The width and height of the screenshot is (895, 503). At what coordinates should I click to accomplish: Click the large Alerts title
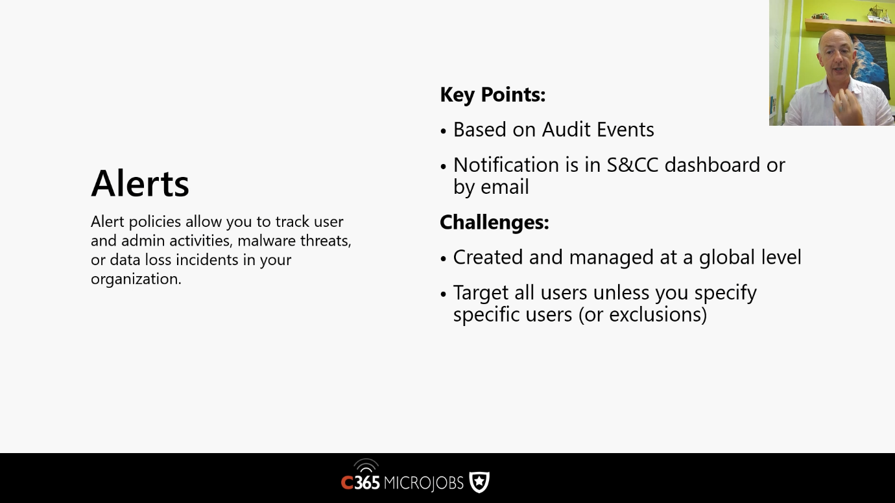click(x=140, y=183)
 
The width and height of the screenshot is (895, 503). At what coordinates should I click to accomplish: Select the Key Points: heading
click(x=493, y=95)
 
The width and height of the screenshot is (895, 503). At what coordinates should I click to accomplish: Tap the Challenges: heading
click(x=494, y=222)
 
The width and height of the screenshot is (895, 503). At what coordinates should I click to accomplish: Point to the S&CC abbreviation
click(x=632, y=165)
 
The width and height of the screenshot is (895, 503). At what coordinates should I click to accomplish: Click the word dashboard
click(x=712, y=165)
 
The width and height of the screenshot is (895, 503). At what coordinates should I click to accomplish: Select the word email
click(x=505, y=187)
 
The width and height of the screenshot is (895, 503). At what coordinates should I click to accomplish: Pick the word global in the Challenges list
click(x=727, y=258)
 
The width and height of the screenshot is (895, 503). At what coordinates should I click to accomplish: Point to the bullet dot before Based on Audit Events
click(x=443, y=132)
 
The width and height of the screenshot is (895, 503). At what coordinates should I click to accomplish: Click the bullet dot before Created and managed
click(x=443, y=259)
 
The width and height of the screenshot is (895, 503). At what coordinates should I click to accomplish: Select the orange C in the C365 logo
click(x=347, y=483)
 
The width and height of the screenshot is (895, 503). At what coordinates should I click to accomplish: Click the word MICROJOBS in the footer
click(x=424, y=483)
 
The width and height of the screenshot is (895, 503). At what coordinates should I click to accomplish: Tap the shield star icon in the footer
click(x=479, y=482)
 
